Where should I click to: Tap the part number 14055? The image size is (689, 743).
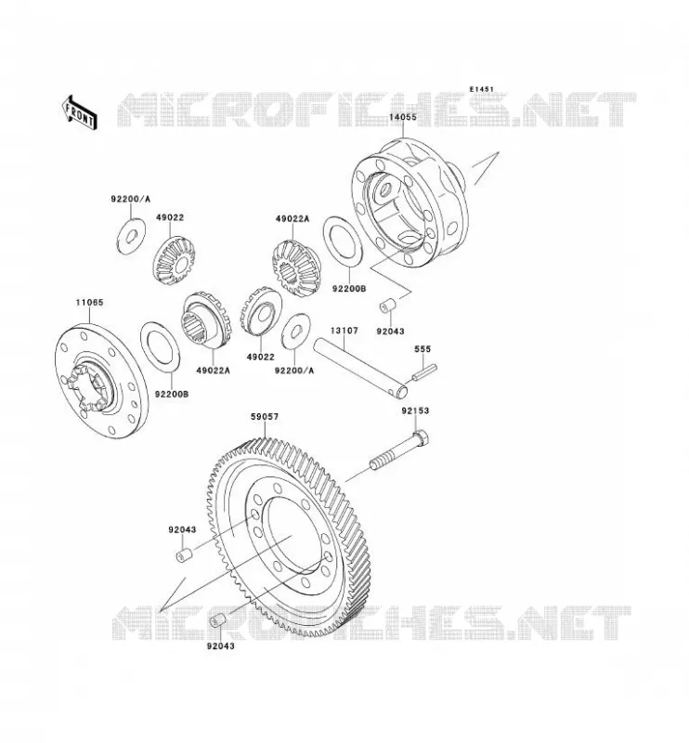pos(403,117)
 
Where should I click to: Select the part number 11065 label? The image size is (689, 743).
pos(89,302)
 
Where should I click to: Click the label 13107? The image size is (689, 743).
pos(344,331)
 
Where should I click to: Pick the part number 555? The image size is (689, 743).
pos(422,349)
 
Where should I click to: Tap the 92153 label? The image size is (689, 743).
pos(415,411)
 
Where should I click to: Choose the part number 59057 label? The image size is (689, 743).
pos(265,416)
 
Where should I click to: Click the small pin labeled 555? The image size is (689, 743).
pos(424,371)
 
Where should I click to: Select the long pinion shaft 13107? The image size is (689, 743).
pos(360,367)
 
